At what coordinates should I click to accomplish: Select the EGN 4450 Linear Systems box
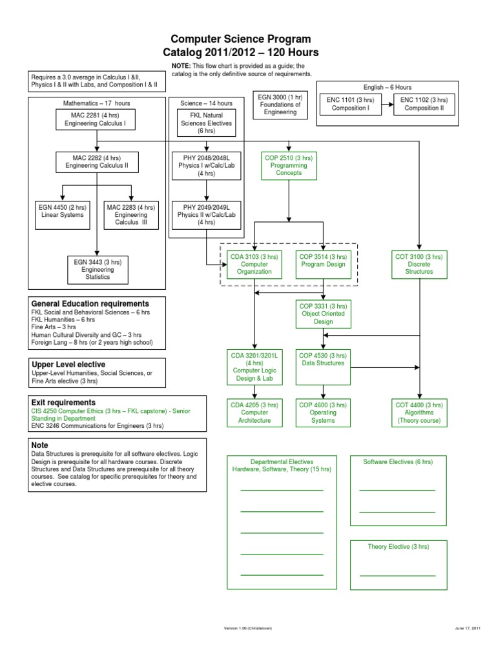pos(63,215)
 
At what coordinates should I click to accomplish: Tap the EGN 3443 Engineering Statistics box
pos(98,270)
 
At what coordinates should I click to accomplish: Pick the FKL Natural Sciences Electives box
pos(206,123)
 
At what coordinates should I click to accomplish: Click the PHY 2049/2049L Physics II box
pos(206,215)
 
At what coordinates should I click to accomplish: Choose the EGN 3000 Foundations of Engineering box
pos(280,105)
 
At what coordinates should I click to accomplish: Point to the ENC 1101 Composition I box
pos(351,104)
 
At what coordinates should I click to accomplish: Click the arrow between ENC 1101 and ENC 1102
pos(387,104)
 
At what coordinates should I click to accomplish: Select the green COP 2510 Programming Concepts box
pos(289,166)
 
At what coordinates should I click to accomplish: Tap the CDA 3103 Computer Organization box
pos(254,264)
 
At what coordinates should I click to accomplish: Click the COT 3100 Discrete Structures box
pos(419,264)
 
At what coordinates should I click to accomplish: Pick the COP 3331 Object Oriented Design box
pos(324,314)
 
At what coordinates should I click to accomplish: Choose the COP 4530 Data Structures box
pos(323,367)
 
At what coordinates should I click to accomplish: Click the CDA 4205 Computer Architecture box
pos(254,412)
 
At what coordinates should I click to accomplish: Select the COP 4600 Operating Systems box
pos(323,412)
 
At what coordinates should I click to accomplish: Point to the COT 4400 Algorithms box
pos(419,412)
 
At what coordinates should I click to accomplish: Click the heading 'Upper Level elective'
pos(68,365)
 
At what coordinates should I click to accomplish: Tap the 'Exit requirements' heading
pos(63,403)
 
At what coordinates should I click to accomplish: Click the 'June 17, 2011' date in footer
pos(468,628)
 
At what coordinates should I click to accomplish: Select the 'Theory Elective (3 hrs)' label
pos(398,547)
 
